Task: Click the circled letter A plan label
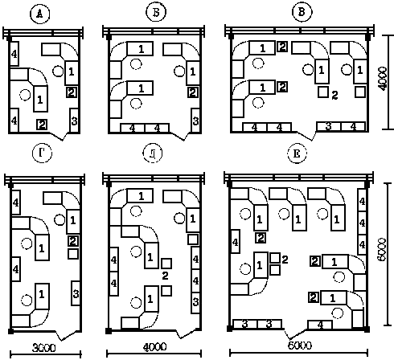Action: tap(39, 14)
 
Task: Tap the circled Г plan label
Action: tap(42, 153)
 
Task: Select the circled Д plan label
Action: tap(152, 153)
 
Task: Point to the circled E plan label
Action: tap(297, 153)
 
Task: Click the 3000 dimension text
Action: tap(44, 348)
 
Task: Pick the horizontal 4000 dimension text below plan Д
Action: tap(154, 347)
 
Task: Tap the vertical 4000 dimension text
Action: tap(384, 79)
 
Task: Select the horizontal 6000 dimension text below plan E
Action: tap(300, 346)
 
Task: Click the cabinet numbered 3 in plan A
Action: tap(74, 121)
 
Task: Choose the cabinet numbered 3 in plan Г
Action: tap(76, 293)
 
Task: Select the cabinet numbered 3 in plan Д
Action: tap(195, 301)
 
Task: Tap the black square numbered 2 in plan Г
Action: tap(73, 241)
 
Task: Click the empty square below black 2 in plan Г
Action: tap(73, 254)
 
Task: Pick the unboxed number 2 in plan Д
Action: tap(165, 276)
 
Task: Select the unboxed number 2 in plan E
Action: tap(285, 260)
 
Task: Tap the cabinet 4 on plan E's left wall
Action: tap(236, 241)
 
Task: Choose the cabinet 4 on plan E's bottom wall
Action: tap(320, 325)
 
